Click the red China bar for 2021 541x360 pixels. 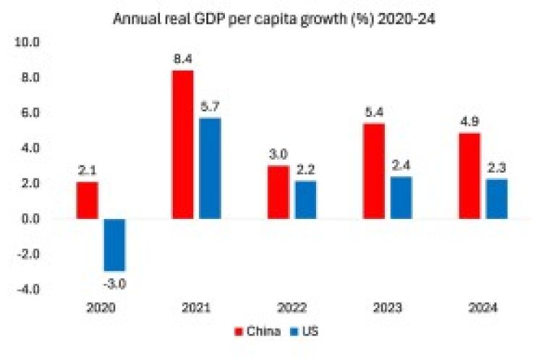pyautogui.click(x=183, y=145)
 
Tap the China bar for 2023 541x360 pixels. pyautogui.click(x=375, y=171)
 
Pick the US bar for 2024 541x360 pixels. pyautogui.click(x=496, y=198)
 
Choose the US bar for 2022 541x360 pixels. pyautogui.click(x=304, y=200)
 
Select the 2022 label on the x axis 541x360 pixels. pyautogui.click(x=291, y=307)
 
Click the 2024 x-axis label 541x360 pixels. pyautogui.click(x=482, y=307)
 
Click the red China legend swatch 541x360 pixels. pyautogui.click(x=237, y=334)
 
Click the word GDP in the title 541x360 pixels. pyautogui.click(x=227, y=18)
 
